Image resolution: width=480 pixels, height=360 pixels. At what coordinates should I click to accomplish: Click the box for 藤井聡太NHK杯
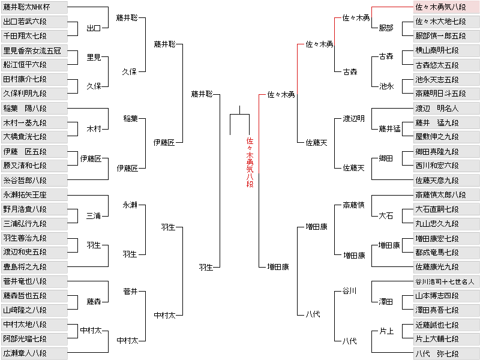[x=34, y=7]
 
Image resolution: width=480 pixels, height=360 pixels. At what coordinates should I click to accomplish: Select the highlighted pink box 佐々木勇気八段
[x=446, y=7]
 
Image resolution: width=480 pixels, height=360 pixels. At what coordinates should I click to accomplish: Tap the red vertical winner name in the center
[x=250, y=162]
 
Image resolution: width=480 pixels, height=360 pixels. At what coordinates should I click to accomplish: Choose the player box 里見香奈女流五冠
[x=34, y=50]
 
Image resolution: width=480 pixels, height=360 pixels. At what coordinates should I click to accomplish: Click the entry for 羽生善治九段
[x=34, y=238]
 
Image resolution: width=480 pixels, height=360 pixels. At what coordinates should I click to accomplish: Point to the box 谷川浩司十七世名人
[x=446, y=281]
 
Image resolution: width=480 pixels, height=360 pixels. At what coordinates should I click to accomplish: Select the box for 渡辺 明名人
[x=446, y=109]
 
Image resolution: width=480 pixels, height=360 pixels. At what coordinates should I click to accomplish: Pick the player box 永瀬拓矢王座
[x=34, y=194]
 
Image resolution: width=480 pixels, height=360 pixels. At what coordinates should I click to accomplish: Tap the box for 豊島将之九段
[x=34, y=267]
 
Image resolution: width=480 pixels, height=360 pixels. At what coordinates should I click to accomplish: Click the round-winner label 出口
[x=94, y=28]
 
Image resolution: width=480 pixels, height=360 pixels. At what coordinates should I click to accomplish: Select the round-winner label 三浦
[x=94, y=216]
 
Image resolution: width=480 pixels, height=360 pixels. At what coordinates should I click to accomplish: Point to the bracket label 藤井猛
[x=389, y=129]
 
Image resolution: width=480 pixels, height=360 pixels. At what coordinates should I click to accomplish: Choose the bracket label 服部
[x=386, y=28]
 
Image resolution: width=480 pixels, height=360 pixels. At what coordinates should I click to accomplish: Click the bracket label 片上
[x=386, y=331]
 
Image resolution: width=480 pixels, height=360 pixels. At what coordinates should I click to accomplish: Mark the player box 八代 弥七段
[x=446, y=353]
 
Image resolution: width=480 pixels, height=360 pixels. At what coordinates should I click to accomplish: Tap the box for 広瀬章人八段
[x=34, y=353]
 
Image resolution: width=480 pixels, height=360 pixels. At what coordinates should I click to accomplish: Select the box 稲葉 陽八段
[x=34, y=109]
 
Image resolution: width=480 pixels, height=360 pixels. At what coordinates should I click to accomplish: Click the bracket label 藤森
[x=94, y=302]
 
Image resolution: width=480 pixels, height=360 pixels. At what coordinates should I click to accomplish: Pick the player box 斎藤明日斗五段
[x=446, y=94]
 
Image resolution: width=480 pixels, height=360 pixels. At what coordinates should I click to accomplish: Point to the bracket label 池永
[x=386, y=86]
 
